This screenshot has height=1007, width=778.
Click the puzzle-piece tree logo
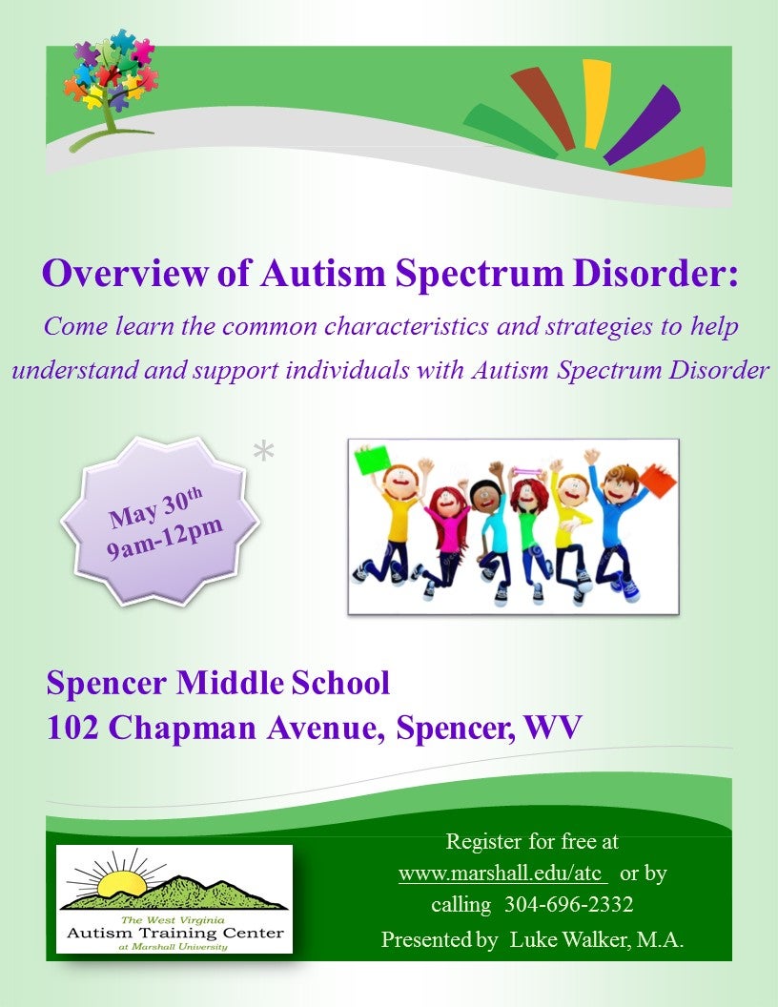point(111,87)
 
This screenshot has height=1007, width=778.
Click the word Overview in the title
point(125,273)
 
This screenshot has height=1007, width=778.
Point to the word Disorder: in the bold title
point(655,273)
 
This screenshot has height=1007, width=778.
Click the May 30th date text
point(156,507)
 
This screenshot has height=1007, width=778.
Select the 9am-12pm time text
point(164,538)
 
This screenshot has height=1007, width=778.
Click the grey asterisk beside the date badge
point(263,451)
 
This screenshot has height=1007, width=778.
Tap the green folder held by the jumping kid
point(372,460)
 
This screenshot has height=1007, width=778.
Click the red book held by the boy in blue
point(658,479)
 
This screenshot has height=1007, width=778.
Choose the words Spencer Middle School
point(218,682)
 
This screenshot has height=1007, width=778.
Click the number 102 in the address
point(72,728)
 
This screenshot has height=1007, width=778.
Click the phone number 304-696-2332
point(569,904)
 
